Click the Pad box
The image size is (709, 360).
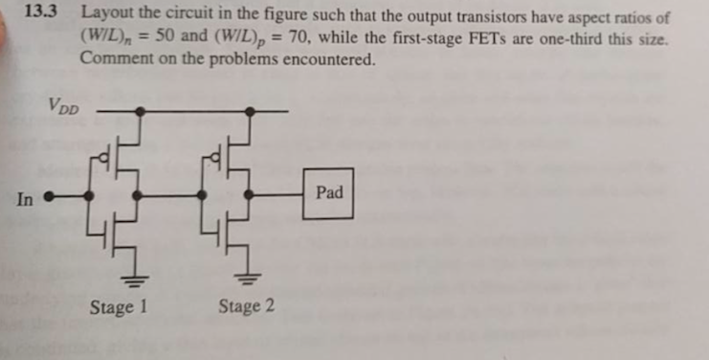click(x=328, y=193)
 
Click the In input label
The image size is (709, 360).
click(x=25, y=200)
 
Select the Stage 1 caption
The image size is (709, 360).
click(x=118, y=307)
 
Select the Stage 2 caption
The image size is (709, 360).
click(x=246, y=307)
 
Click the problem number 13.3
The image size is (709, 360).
click(x=41, y=14)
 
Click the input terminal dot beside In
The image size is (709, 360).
click(x=49, y=200)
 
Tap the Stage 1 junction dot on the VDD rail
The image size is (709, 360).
click(x=140, y=111)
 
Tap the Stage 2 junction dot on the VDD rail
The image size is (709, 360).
click(x=251, y=111)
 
